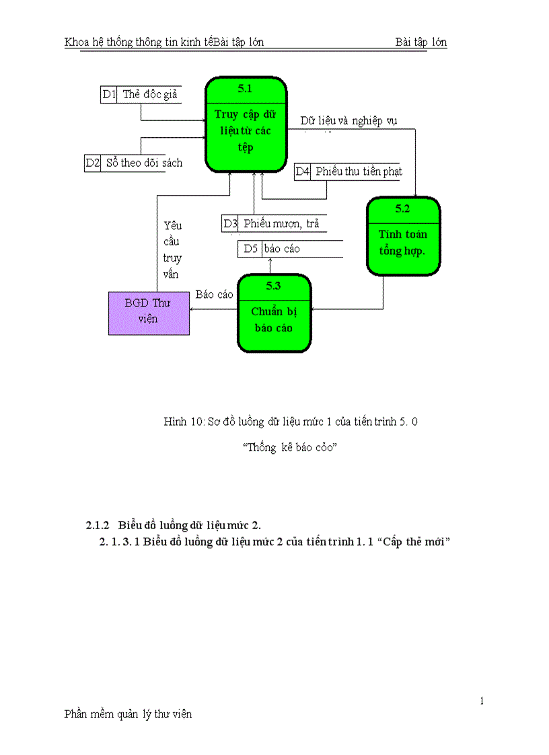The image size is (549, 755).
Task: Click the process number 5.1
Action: [x=246, y=88]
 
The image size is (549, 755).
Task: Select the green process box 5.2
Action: [x=403, y=236]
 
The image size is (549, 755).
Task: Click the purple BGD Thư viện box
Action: [x=149, y=312]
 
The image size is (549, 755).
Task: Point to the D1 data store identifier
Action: [x=109, y=95]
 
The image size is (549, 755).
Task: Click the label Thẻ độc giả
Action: [x=150, y=95]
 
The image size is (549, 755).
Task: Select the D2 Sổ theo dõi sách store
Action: [x=133, y=163]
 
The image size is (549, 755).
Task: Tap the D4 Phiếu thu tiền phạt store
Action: [x=349, y=172]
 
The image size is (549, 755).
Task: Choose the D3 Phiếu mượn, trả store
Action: [x=272, y=224]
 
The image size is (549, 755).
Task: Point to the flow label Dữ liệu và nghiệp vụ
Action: [x=349, y=121]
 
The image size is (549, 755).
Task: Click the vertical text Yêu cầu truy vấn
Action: [x=172, y=250]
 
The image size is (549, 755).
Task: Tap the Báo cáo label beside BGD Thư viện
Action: [x=214, y=295]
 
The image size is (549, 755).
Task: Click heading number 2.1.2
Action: [x=97, y=525]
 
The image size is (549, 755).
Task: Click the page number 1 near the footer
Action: [x=482, y=702]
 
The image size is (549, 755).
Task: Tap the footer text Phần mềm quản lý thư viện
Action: [x=128, y=715]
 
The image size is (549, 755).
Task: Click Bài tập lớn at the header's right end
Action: [x=421, y=42]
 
